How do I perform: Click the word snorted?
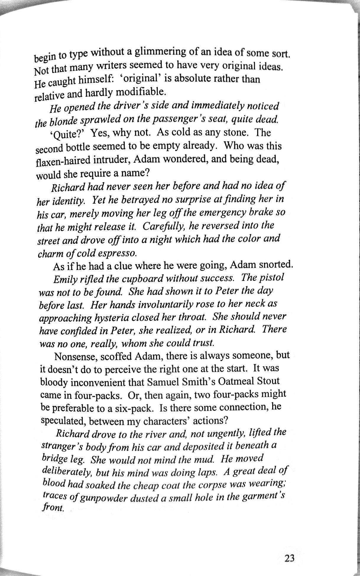click(x=276, y=265)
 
